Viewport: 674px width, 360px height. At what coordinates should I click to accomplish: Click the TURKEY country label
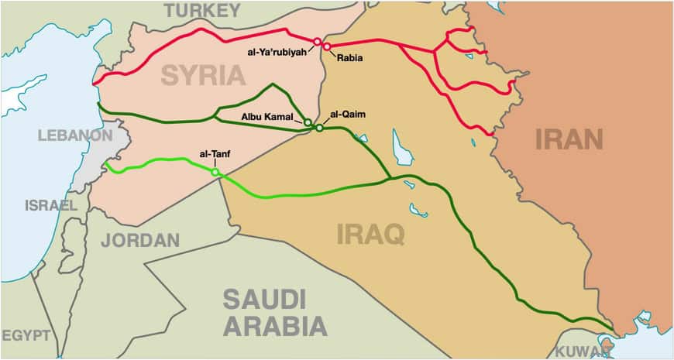(x=201, y=10)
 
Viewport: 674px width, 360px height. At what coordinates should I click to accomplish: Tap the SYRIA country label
(x=203, y=74)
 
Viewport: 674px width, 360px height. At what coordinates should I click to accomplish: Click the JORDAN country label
(x=140, y=240)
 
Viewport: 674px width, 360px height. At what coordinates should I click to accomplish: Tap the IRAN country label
(x=569, y=139)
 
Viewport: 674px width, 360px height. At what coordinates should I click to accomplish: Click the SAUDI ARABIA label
(x=275, y=311)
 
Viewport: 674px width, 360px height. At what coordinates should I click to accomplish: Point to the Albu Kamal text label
(x=267, y=117)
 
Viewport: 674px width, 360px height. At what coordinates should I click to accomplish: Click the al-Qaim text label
(x=347, y=115)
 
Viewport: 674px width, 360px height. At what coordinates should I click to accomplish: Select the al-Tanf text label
(x=214, y=155)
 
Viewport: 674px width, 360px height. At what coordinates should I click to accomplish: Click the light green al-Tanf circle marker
(x=215, y=172)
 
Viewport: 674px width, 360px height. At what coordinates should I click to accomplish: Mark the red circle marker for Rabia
(x=327, y=46)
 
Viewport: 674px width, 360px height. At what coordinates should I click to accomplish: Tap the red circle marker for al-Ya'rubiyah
(x=317, y=40)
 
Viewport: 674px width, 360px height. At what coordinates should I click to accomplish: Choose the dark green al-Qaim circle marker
(x=319, y=128)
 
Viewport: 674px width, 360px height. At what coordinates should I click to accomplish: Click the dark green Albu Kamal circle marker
(x=308, y=122)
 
